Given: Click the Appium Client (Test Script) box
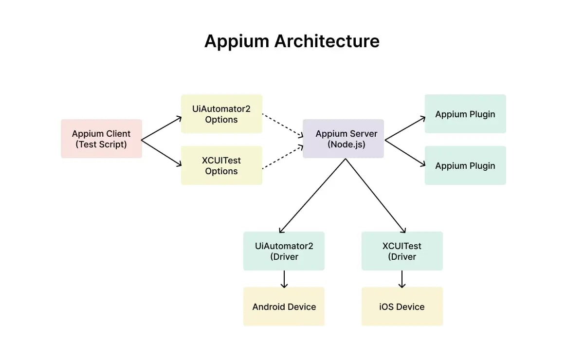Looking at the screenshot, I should (x=101, y=139).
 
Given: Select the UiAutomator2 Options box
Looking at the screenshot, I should (x=221, y=114).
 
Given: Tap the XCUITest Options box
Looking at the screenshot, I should (x=221, y=165).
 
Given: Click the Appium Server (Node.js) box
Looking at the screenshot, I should (x=343, y=139).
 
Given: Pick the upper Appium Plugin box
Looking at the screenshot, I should (x=465, y=114).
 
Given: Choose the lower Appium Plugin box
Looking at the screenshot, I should (x=465, y=165).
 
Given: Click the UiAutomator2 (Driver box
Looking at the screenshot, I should (x=284, y=251).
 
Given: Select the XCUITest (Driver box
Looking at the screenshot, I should (x=402, y=251).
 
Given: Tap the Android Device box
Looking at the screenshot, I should (x=284, y=306).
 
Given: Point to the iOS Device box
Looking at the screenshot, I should (x=402, y=306).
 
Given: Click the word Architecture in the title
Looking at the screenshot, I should (x=327, y=41).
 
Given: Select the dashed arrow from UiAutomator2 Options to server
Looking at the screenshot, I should (x=282, y=126).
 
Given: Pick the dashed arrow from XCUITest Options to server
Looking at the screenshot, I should (x=282, y=157).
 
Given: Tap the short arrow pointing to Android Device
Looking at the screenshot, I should (x=284, y=279).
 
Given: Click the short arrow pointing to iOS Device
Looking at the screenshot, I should (x=402, y=279).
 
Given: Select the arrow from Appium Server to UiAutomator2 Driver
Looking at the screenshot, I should (x=312, y=196).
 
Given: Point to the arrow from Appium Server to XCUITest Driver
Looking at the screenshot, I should (x=376, y=196).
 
